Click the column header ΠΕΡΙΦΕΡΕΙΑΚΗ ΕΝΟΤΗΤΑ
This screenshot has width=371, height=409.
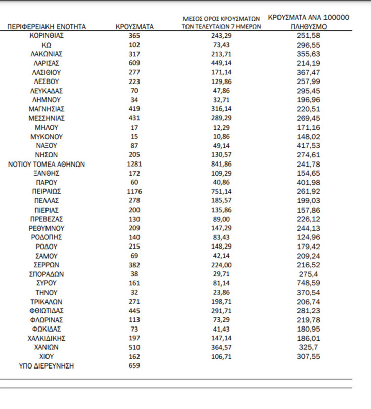click(x=47, y=27)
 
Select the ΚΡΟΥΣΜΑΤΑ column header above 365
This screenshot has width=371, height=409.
click(x=134, y=27)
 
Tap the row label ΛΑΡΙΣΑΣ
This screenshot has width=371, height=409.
click(x=47, y=63)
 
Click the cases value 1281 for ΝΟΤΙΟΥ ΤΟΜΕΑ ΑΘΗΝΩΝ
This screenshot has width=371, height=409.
click(x=134, y=164)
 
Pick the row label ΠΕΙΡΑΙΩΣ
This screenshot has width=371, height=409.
click(x=47, y=191)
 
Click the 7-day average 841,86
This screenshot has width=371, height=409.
click(x=222, y=164)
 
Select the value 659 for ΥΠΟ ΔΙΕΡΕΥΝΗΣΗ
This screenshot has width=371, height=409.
click(x=134, y=365)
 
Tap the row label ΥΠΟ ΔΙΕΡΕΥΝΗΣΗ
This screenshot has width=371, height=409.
click(x=47, y=365)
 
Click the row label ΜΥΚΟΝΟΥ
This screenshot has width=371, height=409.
click(x=47, y=137)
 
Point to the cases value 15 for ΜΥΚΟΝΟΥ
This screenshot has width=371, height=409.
click(x=134, y=137)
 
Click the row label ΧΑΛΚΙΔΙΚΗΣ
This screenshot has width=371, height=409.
click(x=47, y=338)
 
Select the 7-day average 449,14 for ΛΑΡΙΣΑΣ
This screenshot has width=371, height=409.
click(x=222, y=63)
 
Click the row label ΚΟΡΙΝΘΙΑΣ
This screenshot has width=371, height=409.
click(x=47, y=36)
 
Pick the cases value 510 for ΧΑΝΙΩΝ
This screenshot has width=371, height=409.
click(x=134, y=347)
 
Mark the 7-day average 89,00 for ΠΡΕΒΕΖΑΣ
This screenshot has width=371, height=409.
click(x=222, y=219)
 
